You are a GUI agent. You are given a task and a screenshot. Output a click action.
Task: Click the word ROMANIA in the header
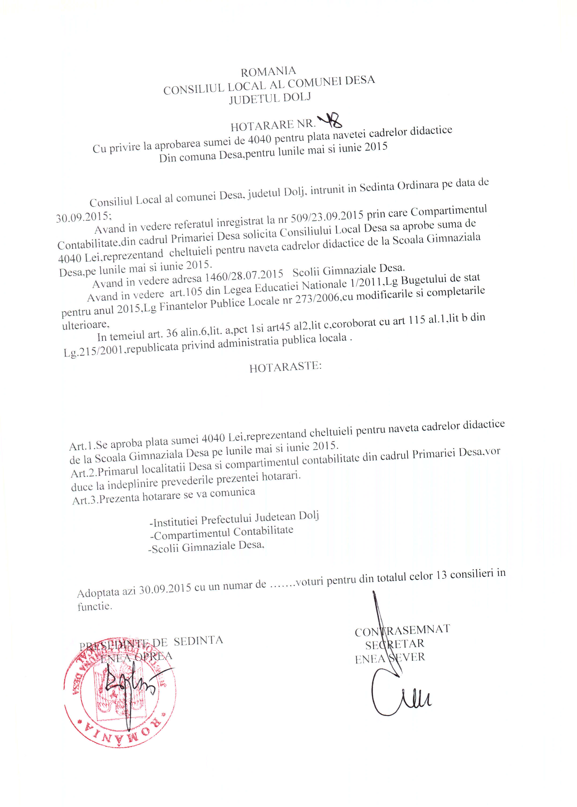point(268,72)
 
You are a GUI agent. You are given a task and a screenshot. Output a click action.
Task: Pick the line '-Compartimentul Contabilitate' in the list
point(222,533)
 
